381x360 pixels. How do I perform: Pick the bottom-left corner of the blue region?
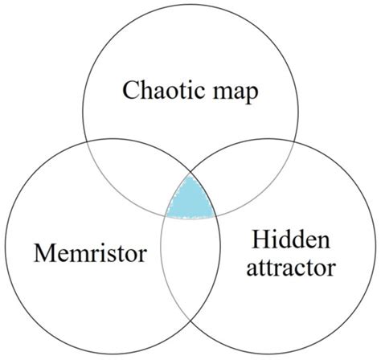165,215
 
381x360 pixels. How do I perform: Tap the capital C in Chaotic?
131,90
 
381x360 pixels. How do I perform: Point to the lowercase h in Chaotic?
146,89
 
